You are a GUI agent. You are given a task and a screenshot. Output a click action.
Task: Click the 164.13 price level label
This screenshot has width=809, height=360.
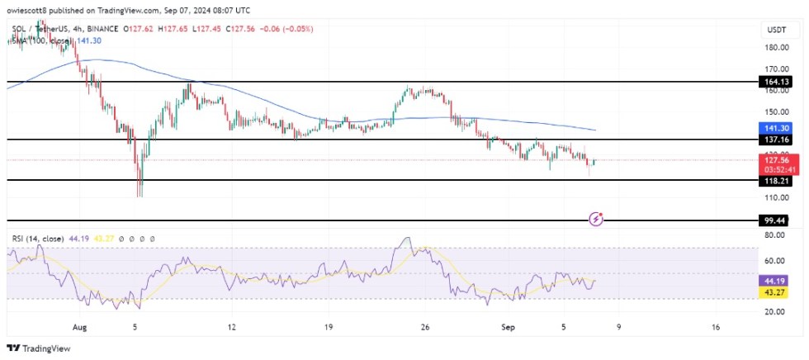777,82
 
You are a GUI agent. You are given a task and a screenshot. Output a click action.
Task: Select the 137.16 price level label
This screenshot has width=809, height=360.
777,140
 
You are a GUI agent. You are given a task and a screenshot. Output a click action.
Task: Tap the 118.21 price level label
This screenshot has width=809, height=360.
777,180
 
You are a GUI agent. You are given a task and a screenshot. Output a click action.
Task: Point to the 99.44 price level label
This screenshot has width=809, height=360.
777,220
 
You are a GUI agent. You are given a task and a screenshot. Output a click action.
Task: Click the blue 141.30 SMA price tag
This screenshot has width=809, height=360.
777,129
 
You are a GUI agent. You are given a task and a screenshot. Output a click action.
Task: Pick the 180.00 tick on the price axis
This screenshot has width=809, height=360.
777,48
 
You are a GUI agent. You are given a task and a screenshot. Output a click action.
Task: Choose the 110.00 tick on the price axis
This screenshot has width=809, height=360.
777,198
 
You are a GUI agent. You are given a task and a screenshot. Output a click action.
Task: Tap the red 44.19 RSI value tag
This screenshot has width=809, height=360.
777,282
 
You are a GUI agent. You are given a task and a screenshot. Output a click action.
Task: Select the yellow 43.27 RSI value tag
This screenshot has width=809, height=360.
777,293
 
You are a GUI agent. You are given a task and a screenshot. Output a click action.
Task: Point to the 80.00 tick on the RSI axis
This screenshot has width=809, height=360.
775,235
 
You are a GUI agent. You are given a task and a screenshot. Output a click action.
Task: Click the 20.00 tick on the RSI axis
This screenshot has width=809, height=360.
775,312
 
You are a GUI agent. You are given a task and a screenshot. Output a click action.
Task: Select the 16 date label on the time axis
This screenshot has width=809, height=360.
715,327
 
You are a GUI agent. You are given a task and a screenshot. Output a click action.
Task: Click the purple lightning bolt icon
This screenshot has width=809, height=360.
596,219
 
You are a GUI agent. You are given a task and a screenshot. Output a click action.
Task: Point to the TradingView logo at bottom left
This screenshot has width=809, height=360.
41,348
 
